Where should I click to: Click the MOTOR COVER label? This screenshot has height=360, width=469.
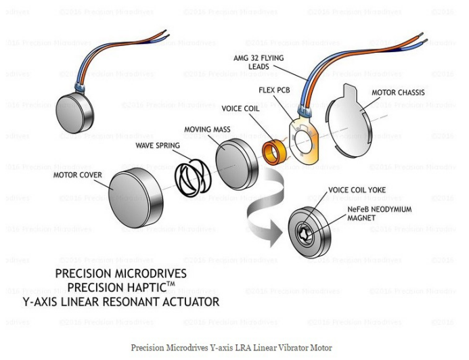pyautogui.click(x=78, y=175)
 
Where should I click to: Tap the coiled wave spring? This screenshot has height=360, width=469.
pyautogui.click(x=192, y=177)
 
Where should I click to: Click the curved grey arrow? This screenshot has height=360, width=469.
pyautogui.click(x=268, y=203)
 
